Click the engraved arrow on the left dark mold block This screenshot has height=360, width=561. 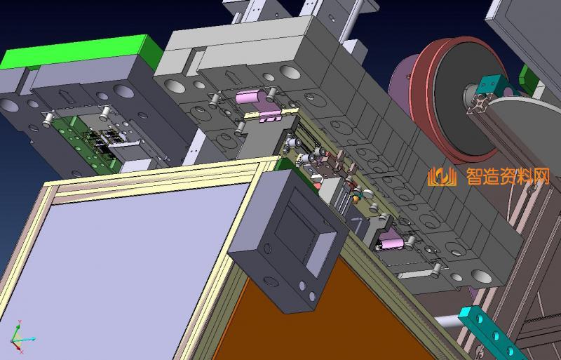(x=65, y=95)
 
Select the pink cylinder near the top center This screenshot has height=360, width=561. (x=247, y=96)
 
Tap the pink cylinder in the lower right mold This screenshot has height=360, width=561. (x=391, y=242)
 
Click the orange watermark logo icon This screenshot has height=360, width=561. (x=442, y=177)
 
